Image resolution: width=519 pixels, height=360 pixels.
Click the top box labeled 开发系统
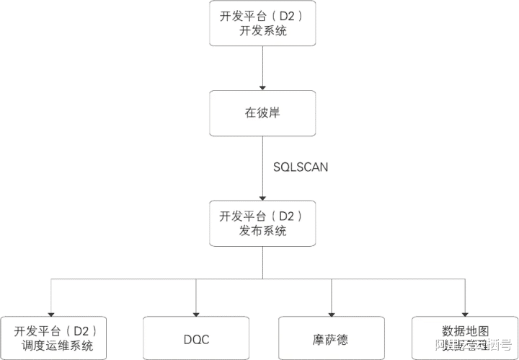tap(262, 23)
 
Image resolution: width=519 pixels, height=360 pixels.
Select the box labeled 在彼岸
tap(262, 113)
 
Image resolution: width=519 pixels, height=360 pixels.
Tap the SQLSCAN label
tap(301, 167)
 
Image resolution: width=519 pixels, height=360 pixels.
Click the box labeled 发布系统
tap(262, 223)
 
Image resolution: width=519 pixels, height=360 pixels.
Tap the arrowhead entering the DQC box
tap(196, 312)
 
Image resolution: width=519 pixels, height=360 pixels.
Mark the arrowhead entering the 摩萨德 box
tap(331, 312)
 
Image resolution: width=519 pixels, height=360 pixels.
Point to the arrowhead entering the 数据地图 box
tap(465, 312)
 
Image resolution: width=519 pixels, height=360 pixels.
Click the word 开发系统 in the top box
tap(262, 31)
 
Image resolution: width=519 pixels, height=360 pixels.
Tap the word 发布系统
tap(262, 231)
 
